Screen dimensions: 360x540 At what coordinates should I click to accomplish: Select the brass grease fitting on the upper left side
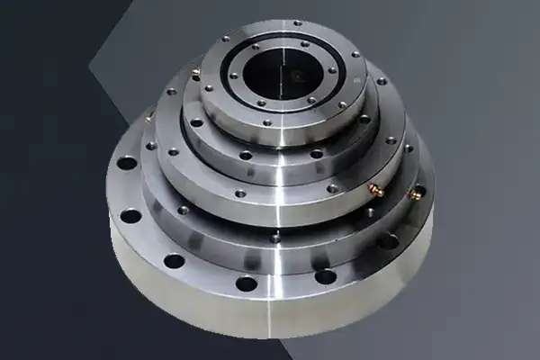pos(195,71)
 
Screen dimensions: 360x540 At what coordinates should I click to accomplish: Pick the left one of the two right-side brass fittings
pos(375,190)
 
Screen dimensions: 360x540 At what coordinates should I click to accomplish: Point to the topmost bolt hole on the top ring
pos(297,22)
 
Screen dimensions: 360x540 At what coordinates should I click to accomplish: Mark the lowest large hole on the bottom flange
pos(246,283)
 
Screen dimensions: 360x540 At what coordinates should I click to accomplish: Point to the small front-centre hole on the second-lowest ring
pos(274,238)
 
